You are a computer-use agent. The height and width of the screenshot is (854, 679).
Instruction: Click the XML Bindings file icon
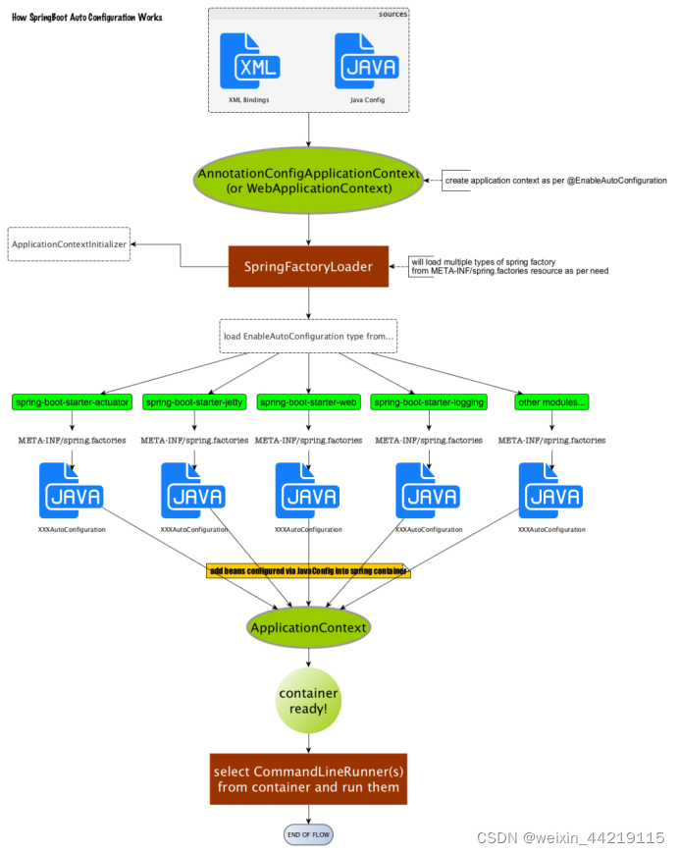[249, 63]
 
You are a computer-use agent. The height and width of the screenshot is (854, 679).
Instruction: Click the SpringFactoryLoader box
[309, 266]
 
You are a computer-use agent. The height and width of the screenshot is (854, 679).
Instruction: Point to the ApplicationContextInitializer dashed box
[69, 243]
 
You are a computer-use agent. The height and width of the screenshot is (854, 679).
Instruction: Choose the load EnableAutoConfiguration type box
[309, 336]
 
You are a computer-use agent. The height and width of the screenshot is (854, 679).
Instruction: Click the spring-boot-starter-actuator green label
[72, 402]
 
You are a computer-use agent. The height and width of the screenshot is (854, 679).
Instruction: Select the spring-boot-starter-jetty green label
[194, 402]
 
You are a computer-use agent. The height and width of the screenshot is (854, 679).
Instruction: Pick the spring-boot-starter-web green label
[309, 402]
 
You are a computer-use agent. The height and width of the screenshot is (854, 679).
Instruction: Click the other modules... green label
[550, 402]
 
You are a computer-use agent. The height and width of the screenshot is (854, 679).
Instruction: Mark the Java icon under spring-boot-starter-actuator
[72, 491]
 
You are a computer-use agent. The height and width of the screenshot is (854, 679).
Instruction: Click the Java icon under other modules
[550, 491]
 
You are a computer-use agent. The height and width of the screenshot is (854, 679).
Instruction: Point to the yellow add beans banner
[308, 570]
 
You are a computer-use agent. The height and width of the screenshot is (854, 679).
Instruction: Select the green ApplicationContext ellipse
[309, 627]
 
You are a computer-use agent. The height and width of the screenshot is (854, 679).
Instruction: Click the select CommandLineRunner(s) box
[309, 778]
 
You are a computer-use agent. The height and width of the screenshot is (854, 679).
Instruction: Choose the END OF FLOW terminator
[309, 834]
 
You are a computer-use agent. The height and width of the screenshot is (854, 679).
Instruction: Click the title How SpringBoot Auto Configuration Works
[87, 18]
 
